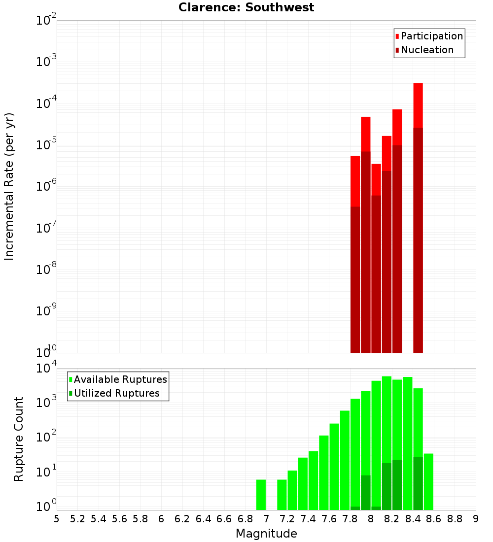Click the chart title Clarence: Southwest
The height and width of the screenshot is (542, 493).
pos(246,7)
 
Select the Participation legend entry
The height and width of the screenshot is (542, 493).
pos(431,36)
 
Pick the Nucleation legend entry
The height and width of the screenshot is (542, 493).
pos(427,50)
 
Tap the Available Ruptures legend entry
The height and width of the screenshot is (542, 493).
pos(120,379)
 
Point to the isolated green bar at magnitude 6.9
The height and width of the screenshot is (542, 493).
pos(261,495)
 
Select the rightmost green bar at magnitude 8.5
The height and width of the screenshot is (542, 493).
pos(428,481)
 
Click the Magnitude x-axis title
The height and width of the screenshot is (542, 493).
pos(266,534)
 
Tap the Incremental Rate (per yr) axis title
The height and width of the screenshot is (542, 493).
pos(9,187)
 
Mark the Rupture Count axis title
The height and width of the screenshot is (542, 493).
pos(19,439)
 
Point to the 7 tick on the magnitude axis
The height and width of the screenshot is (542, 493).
pos(266,518)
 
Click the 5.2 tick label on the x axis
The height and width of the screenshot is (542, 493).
pos(77,518)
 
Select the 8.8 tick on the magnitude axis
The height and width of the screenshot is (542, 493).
pos(455,518)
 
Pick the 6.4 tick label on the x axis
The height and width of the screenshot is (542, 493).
pos(203,518)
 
